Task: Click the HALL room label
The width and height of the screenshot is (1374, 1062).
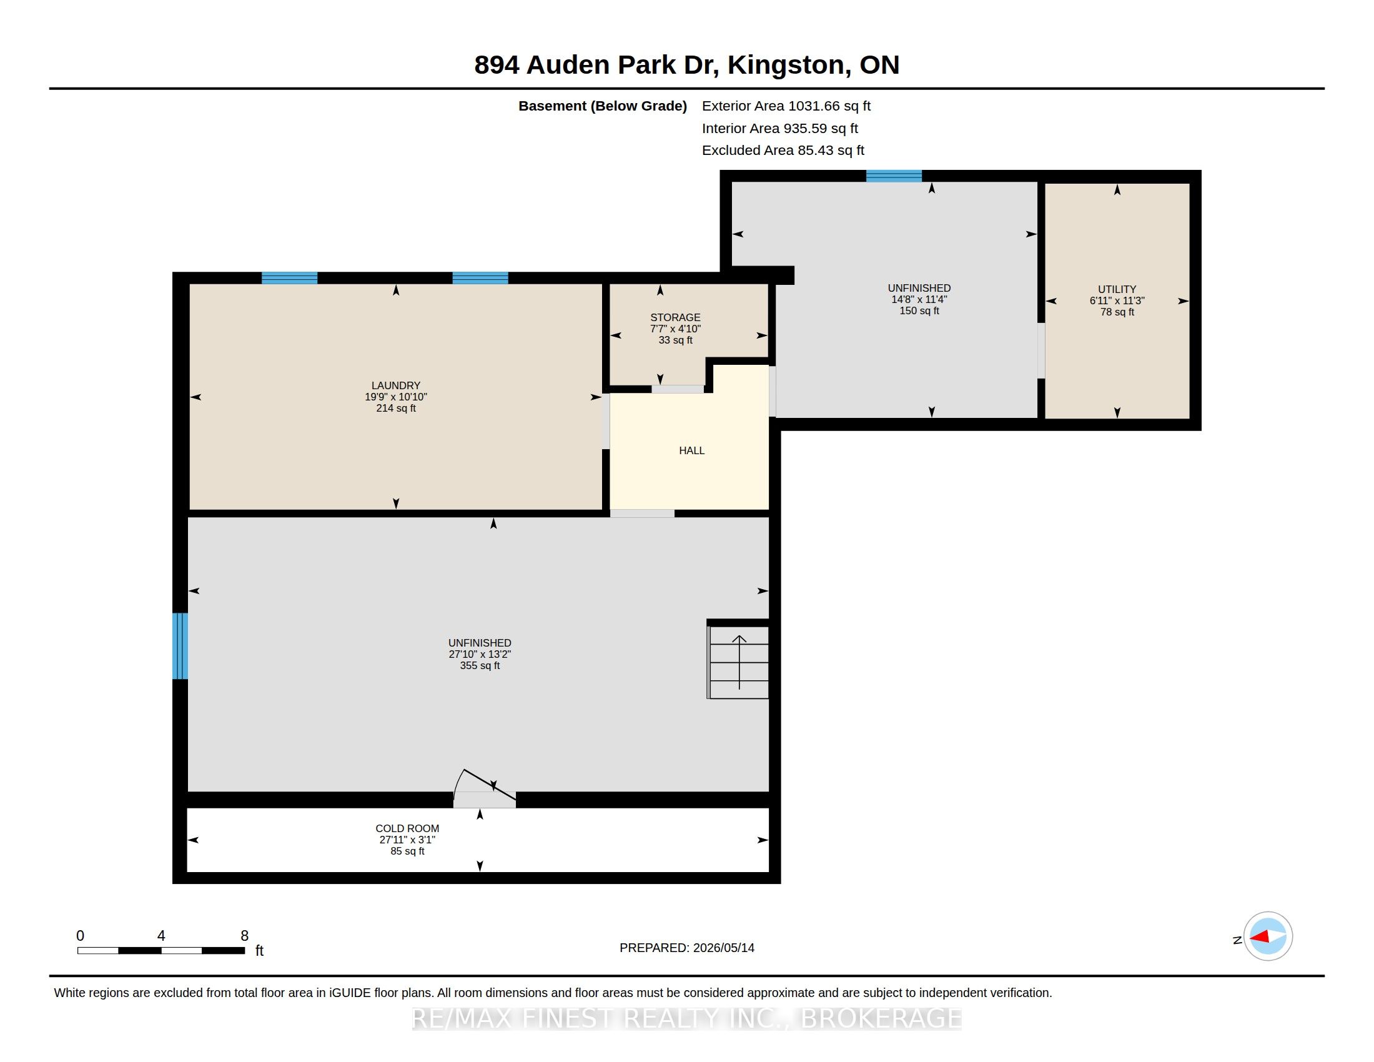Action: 691,450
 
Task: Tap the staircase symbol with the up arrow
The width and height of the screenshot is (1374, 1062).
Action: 738,662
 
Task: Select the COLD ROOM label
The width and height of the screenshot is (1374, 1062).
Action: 407,828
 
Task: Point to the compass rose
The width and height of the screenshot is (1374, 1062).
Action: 1268,936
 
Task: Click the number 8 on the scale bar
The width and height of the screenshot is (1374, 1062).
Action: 245,936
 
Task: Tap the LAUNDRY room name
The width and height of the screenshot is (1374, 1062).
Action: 396,385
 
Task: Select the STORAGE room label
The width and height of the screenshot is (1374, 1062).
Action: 675,318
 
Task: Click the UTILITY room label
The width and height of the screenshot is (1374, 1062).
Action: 1117,289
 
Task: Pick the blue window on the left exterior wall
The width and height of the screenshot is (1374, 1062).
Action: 180,645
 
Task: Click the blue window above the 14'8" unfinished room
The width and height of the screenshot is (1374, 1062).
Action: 893,176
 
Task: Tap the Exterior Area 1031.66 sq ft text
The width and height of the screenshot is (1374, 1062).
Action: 786,106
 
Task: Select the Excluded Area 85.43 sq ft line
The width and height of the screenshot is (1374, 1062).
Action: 783,151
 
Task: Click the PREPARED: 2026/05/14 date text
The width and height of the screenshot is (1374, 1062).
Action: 686,948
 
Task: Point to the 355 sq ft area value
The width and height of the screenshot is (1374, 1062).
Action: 480,666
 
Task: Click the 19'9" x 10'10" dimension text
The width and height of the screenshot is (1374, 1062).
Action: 396,397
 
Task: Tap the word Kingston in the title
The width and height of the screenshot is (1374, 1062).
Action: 786,66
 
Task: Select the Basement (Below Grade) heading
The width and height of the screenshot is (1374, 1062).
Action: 602,106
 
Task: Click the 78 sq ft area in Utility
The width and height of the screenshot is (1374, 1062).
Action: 1117,312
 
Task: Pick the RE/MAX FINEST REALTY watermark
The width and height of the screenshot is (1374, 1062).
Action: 686,1019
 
